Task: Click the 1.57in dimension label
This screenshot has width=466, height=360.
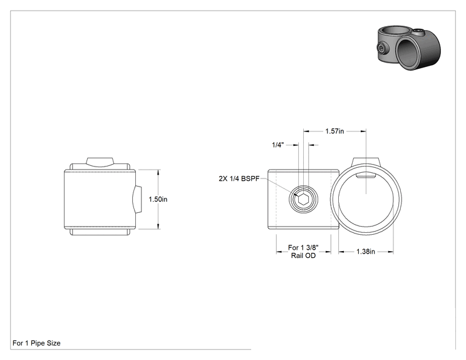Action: (x=334, y=131)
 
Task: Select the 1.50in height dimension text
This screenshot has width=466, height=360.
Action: (x=158, y=199)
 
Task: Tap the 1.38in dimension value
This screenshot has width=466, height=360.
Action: (x=366, y=252)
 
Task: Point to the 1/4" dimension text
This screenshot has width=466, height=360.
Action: (x=278, y=145)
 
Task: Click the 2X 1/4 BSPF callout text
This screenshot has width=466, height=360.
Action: (x=239, y=178)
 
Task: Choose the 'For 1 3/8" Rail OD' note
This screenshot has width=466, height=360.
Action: (x=303, y=251)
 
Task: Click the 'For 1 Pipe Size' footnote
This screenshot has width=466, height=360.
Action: (x=36, y=343)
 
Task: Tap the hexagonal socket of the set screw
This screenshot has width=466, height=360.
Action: (x=303, y=199)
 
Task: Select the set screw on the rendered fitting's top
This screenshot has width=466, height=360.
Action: (x=418, y=31)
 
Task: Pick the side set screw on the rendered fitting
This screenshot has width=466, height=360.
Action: (x=381, y=48)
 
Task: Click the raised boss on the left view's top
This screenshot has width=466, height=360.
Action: (x=100, y=162)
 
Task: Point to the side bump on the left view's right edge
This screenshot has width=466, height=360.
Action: (x=138, y=199)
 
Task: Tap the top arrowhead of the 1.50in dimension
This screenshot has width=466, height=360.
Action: (x=158, y=172)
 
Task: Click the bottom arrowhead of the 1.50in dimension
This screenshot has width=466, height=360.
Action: (x=158, y=227)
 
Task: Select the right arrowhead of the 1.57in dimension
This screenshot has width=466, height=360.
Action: (x=363, y=131)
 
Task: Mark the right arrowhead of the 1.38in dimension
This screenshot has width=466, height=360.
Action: (x=391, y=252)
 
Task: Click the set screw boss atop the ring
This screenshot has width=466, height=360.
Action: (x=366, y=162)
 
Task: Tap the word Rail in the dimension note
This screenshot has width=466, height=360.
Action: (x=297, y=255)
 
